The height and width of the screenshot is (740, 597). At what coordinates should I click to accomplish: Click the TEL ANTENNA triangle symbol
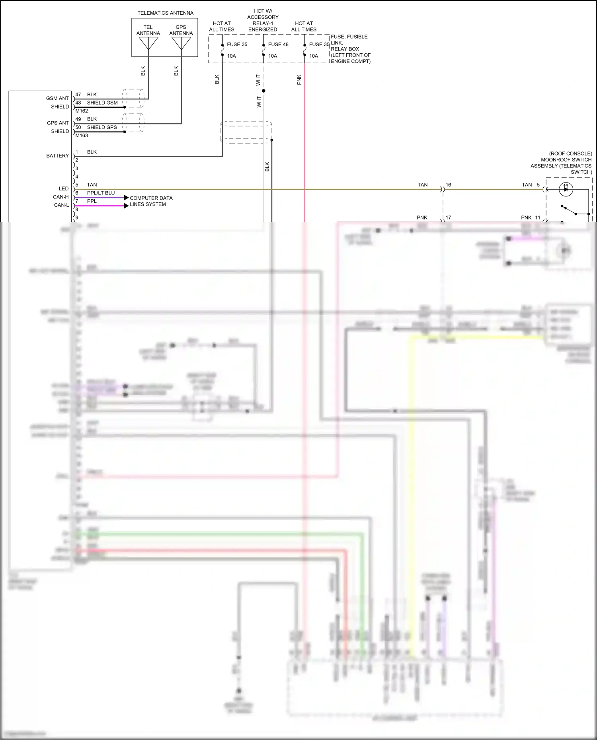point(148,43)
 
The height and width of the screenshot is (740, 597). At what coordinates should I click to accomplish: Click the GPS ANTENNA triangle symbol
point(181,43)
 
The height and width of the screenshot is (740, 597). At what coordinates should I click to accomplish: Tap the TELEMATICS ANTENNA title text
point(165,13)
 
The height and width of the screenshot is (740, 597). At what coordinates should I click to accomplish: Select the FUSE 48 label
point(278,45)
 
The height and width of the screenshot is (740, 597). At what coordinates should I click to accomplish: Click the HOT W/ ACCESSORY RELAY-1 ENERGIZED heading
point(263,20)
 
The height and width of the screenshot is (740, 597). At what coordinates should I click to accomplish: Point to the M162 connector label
point(82,111)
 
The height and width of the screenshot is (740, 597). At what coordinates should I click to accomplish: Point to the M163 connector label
point(82,136)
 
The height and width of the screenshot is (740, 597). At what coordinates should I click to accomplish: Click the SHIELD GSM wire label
point(102,103)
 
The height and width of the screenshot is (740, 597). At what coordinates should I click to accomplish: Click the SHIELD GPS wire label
point(102,127)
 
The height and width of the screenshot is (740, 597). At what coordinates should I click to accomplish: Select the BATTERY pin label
point(57,156)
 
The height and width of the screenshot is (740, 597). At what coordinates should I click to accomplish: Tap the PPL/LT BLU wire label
point(101,193)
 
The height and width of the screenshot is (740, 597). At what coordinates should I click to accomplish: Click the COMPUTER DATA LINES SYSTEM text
point(151,201)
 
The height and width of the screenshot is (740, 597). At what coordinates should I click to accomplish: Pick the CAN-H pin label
point(60,197)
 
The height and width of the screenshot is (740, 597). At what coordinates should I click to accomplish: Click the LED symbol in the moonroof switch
point(566,189)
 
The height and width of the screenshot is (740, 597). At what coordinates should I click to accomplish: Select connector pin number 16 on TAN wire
point(449,185)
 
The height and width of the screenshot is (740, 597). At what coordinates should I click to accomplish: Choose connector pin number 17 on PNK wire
point(449,218)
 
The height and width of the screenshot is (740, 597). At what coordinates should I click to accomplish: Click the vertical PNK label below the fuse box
point(299,80)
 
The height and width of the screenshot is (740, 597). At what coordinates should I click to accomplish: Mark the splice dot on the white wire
point(263,91)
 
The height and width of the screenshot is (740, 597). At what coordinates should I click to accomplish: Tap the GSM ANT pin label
point(57,98)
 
